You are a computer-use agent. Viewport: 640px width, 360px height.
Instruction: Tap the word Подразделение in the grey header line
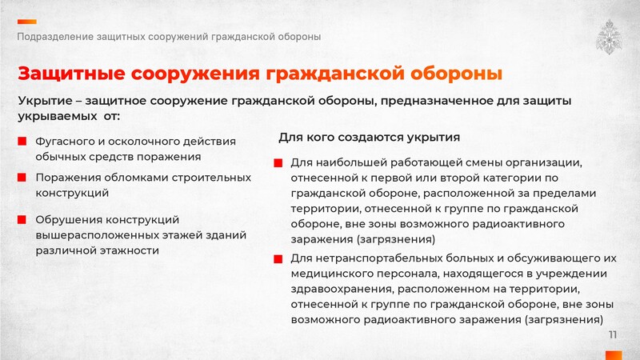click(x=55, y=37)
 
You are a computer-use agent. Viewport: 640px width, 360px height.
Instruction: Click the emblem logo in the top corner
click(x=609, y=38)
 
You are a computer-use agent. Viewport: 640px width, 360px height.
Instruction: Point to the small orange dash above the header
click(x=27, y=22)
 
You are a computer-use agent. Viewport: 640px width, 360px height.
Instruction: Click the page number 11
click(x=613, y=334)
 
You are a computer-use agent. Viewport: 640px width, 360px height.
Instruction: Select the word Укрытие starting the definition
click(x=45, y=102)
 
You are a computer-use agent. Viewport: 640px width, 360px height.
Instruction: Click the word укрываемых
click(x=57, y=117)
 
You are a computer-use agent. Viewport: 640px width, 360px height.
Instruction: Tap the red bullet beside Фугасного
click(x=22, y=142)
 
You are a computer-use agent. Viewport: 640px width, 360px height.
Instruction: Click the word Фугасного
click(x=65, y=142)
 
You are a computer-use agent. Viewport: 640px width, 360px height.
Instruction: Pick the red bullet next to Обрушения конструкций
click(x=22, y=219)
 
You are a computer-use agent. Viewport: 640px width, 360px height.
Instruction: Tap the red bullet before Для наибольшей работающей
click(x=278, y=163)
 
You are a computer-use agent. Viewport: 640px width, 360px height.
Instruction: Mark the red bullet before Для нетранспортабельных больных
click(x=278, y=258)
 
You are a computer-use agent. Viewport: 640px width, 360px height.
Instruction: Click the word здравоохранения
click(x=342, y=290)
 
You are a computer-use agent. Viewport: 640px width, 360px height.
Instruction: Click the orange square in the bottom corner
click(x=614, y=355)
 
